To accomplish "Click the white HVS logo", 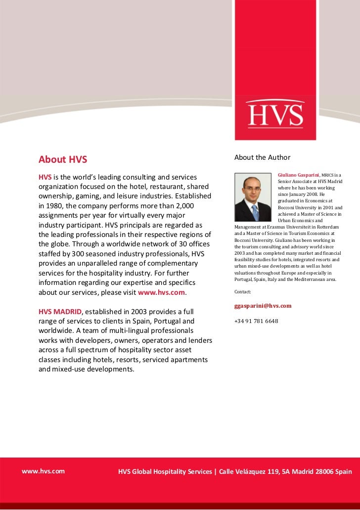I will point(276,114).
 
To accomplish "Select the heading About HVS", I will point(63,159).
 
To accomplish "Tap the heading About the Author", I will point(263,157).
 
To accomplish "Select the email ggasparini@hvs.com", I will point(263,306).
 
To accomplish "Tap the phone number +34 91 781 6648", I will point(256,321).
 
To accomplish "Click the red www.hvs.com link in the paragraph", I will point(161,292).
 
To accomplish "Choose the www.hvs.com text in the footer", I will point(43,471).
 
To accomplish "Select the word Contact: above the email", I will point(243,292).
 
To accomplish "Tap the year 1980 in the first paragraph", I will point(56,206).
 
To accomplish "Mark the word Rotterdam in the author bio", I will point(327,227).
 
